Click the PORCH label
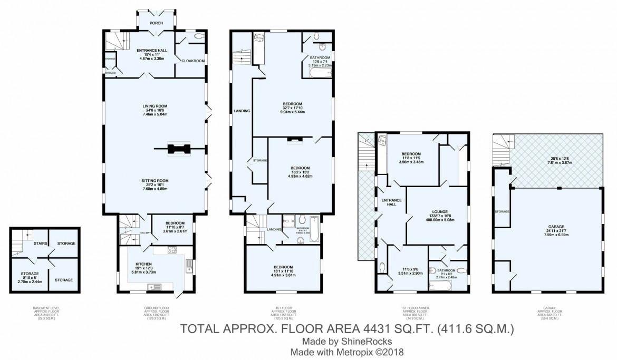point(156,23)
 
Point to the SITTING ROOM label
point(155,180)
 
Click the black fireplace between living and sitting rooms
point(177,150)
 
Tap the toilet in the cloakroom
point(199,36)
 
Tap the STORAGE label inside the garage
point(502,211)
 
